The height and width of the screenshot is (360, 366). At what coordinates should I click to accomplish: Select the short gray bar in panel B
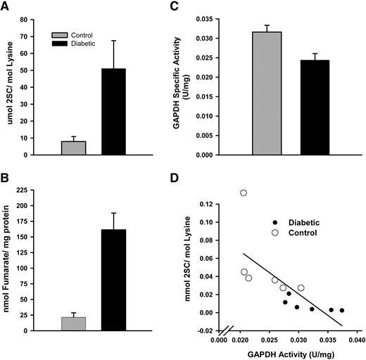[74, 323]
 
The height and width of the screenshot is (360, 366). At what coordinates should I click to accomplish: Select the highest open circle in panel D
[244, 193]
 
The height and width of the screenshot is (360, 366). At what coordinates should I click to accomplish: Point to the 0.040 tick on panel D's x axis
[356, 340]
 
